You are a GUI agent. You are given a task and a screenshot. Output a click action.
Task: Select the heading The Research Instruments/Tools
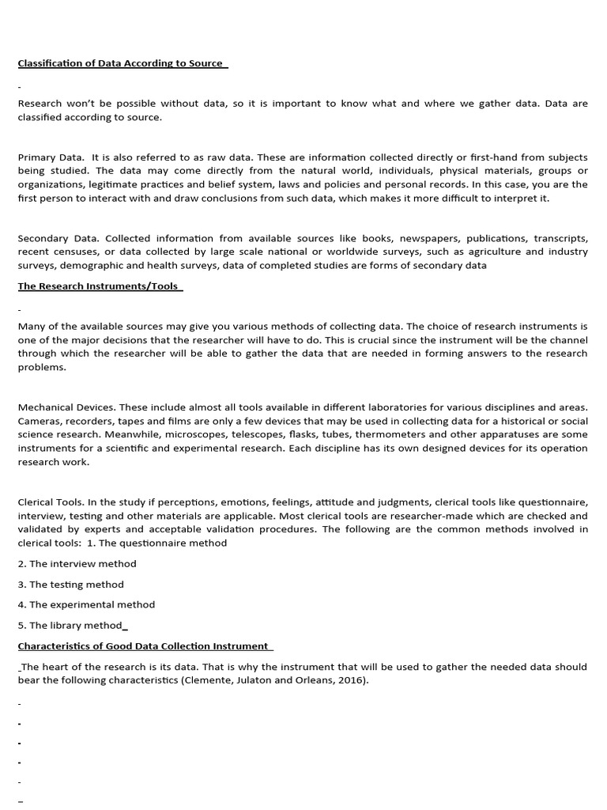(99, 286)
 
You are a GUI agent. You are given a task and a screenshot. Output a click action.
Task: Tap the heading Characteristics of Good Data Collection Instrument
(144, 646)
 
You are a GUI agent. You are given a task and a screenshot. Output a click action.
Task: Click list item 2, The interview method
(77, 564)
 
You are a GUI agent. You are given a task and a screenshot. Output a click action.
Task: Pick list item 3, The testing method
(71, 585)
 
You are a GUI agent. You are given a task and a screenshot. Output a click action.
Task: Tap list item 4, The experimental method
(86, 604)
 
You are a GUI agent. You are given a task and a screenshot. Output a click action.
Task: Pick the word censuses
(74, 252)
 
